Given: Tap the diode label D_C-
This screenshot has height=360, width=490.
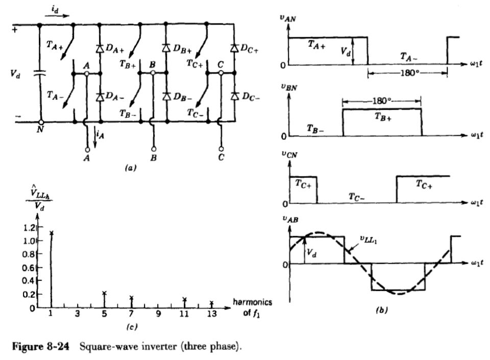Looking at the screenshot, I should [x=251, y=97].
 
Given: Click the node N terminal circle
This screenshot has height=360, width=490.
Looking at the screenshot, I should [x=40, y=123].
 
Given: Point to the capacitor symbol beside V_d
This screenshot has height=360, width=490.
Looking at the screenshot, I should [x=40, y=73].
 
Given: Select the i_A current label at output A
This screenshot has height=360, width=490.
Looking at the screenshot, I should [x=102, y=135].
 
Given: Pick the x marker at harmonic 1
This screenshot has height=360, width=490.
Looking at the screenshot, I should [x=51, y=233].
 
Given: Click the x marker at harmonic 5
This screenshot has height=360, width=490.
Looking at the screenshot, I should [x=104, y=293].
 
